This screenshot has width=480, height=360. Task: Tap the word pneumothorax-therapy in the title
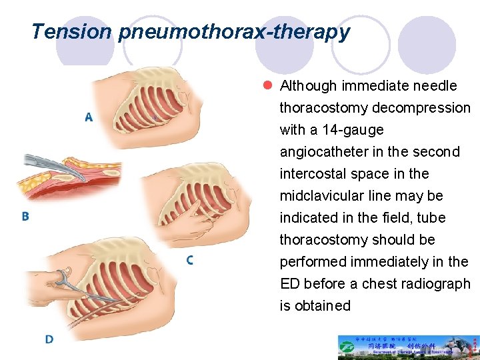point(234,32)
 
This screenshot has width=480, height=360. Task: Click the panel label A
point(89,117)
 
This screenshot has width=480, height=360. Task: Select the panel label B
point(25,216)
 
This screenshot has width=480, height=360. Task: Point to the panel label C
point(190,261)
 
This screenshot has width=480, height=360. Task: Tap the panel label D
point(49,339)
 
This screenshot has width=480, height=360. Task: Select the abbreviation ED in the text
point(290,284)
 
